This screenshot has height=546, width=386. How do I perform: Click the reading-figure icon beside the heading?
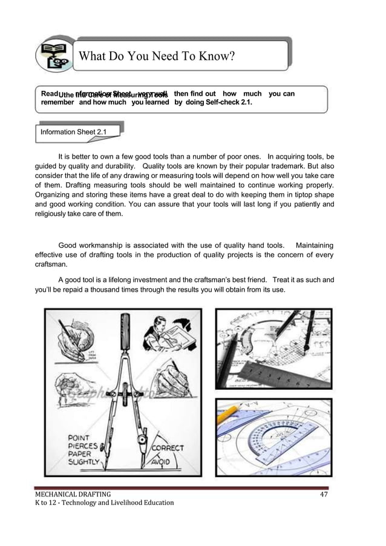pyautogui.click(x=53, y=56)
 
